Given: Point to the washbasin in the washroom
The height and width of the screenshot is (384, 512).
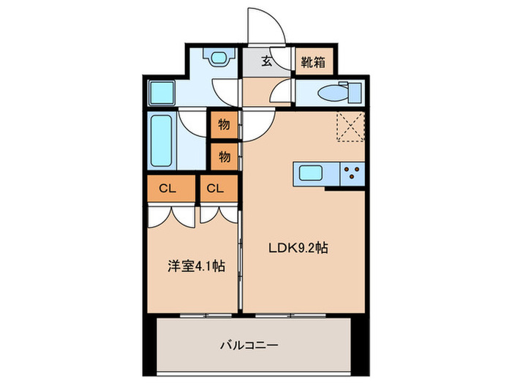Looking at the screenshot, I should (217, 56).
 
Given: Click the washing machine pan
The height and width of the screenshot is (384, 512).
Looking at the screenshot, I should (162, 93).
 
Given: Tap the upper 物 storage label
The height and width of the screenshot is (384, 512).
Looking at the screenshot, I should (225, 124).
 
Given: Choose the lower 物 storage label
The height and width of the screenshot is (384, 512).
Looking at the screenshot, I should (225, 156).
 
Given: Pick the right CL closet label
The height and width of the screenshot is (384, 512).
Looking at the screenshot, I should (214, 188).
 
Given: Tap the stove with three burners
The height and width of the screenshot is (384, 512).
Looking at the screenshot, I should (351, 174).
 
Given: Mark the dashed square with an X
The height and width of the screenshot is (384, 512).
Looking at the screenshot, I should (350, 126).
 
